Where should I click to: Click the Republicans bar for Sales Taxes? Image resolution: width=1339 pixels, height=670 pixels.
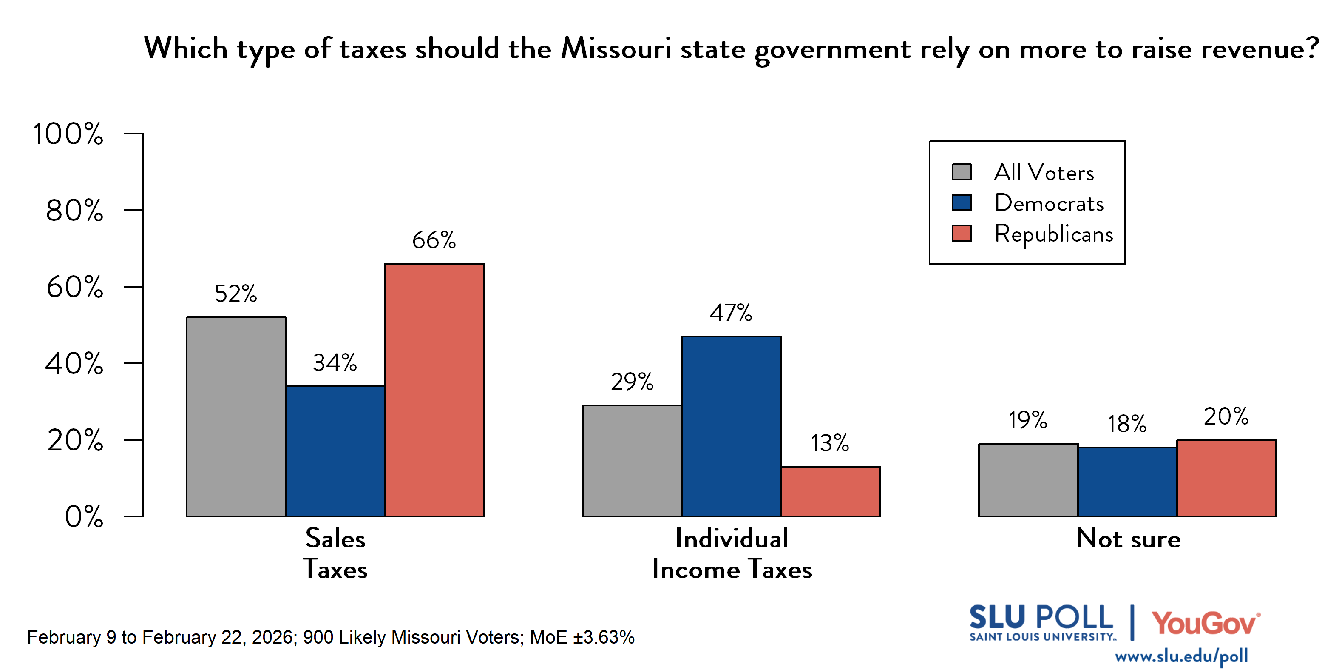pyautogui.click(x=434, y=390)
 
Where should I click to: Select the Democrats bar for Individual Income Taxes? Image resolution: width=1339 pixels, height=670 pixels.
pyautogui.click(x=731, y=427)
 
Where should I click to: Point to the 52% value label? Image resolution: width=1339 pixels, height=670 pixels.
pyautogui.click(x=235, y=294)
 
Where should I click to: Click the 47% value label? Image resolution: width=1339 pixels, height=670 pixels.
pyautogui.click(x=731, y=313)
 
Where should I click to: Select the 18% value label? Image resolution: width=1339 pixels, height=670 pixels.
pyautogui.click(x=1126, y=424)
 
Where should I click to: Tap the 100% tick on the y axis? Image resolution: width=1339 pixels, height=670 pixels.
pyautogui.click(x=68, y=134)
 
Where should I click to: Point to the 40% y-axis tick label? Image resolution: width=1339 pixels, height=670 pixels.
pyautogui.click(x=74, y=364)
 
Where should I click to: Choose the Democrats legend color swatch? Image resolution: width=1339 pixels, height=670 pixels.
pyautogui.click(x=961, y=202)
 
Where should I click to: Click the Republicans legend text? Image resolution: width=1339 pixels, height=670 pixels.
pyautogui.click(x=1054, y=234)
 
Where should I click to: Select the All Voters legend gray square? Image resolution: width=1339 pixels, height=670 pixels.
pyautogui.click(x=961, y=172)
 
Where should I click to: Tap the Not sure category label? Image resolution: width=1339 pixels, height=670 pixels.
pyautogui.click(x=1128, y=539)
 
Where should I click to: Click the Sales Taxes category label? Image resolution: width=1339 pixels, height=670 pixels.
pyautogui.click(x=335, y=553)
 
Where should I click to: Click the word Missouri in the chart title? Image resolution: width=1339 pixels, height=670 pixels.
pyautogui.click(x=616, y=49)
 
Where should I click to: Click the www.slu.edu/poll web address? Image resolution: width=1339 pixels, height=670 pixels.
pyautogui.click(x=1181, y=656)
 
